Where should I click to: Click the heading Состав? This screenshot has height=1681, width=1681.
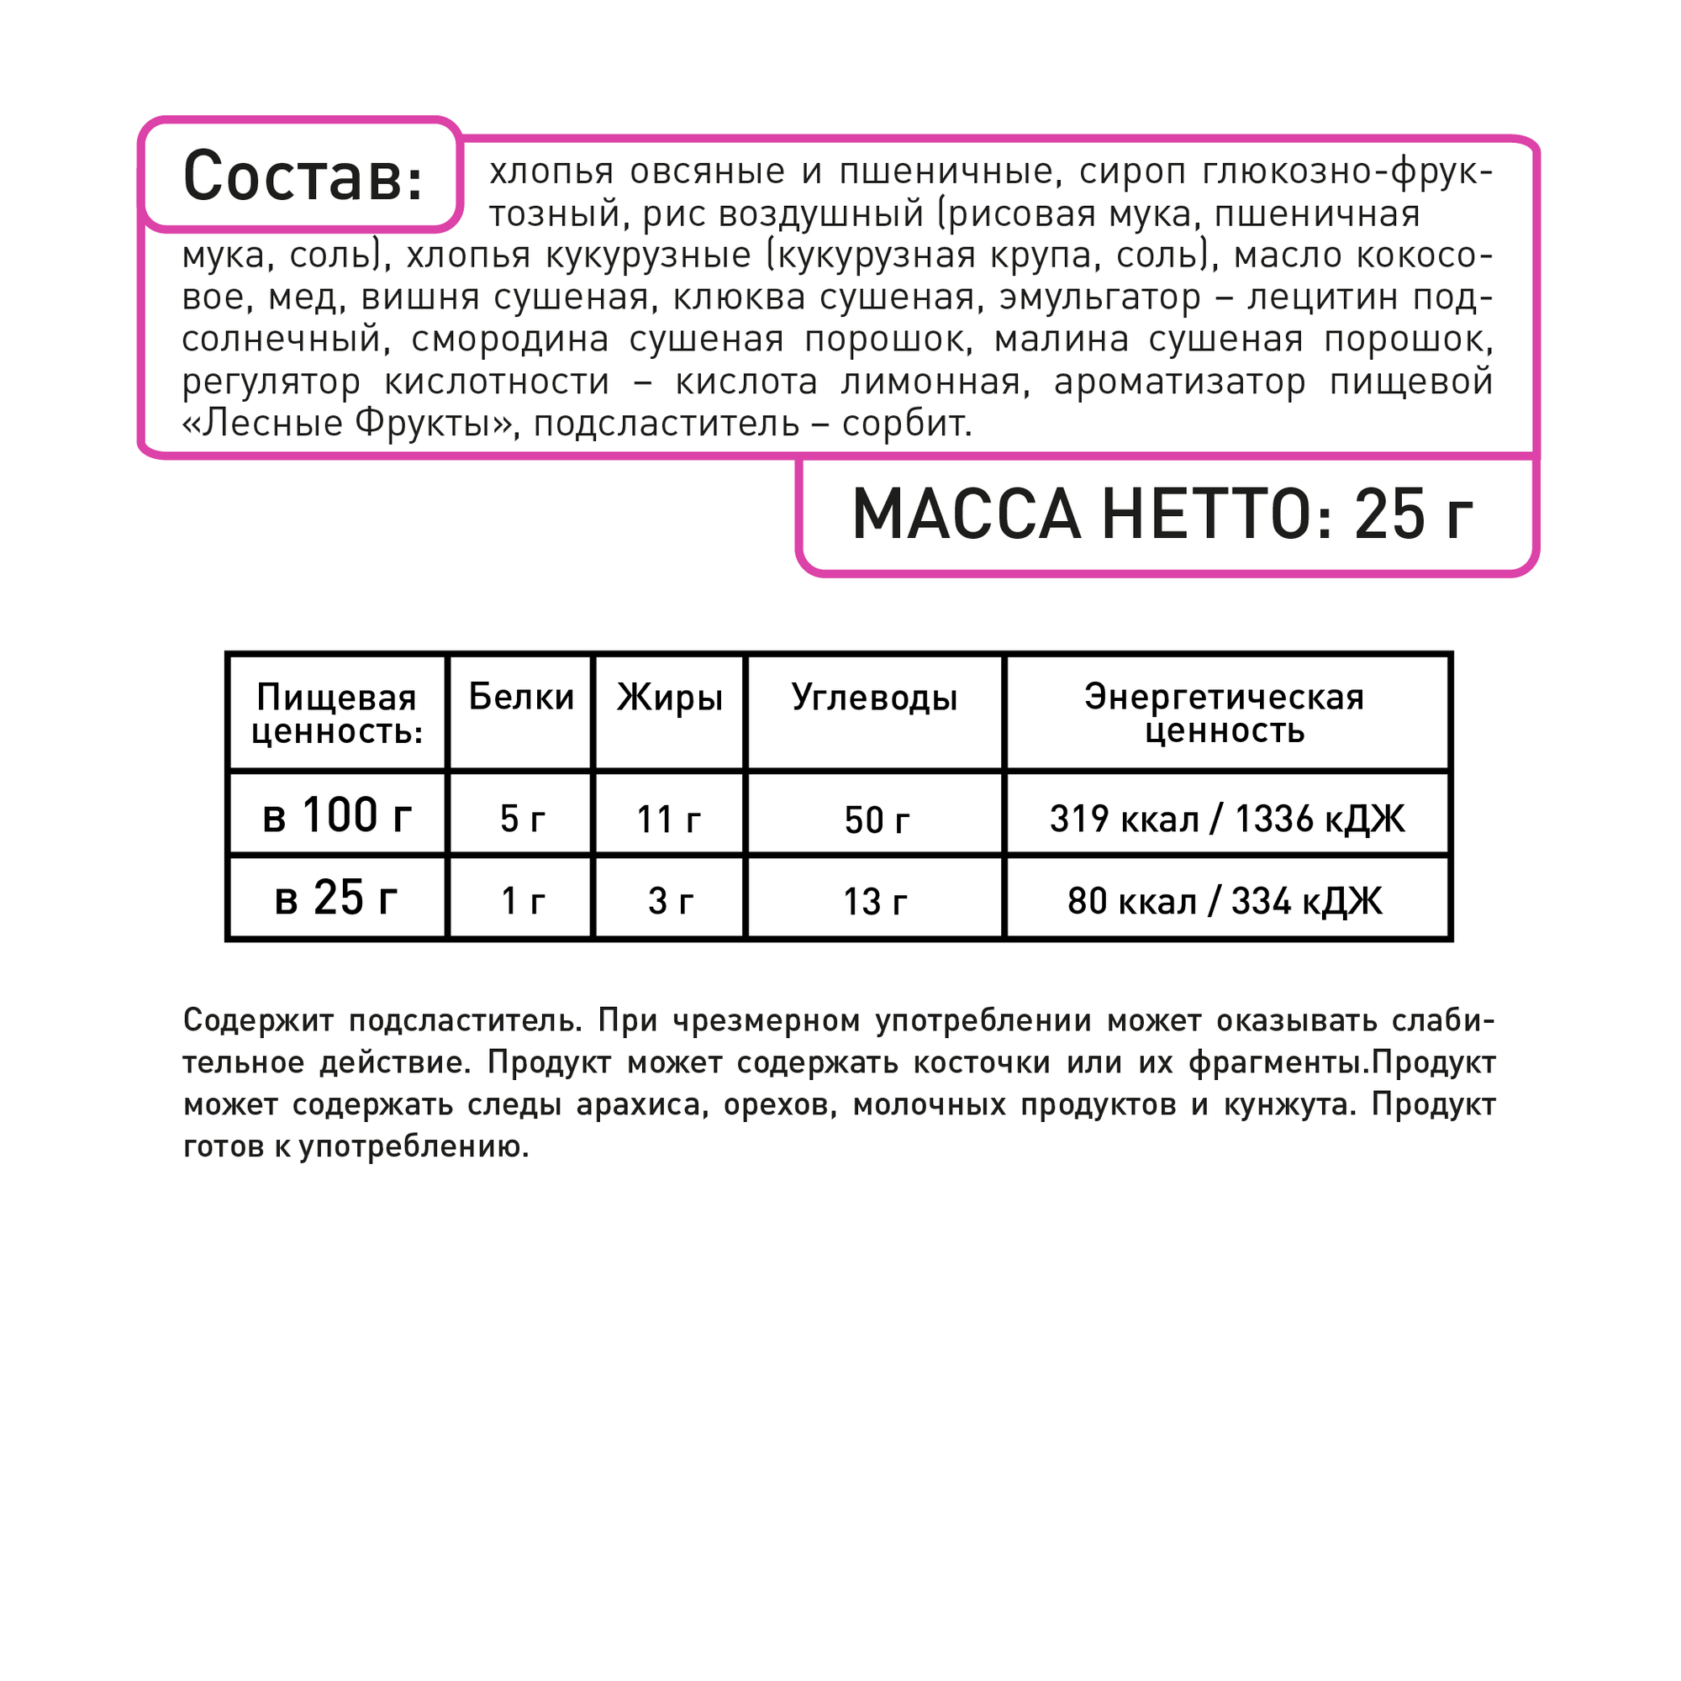tap(303, 177)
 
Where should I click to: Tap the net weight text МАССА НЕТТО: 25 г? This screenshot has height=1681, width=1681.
tap(1162, 515)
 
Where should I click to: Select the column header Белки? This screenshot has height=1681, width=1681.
tap(521, 698)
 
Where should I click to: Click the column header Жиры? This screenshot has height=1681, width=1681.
tap(670, 698)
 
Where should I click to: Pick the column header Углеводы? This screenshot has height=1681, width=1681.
tap(874, 698)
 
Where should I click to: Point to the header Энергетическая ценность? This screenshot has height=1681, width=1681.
tap(1225, 714)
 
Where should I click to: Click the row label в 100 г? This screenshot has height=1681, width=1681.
tap(337, 816)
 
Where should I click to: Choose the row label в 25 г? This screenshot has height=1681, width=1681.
tap(336, 898)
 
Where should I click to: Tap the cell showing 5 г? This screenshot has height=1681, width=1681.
tap(522, 819)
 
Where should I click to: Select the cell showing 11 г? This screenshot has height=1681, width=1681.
tap(669, 819)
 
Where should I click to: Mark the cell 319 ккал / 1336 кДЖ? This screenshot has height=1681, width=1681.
tap(1227, 819)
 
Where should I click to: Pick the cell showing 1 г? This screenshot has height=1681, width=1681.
tap(522, 901)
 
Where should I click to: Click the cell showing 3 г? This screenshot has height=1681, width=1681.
tap(670, 901)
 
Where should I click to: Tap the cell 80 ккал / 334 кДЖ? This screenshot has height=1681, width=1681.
tap(1225, 901)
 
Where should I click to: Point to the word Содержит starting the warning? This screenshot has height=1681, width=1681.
tap(258, 1020)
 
